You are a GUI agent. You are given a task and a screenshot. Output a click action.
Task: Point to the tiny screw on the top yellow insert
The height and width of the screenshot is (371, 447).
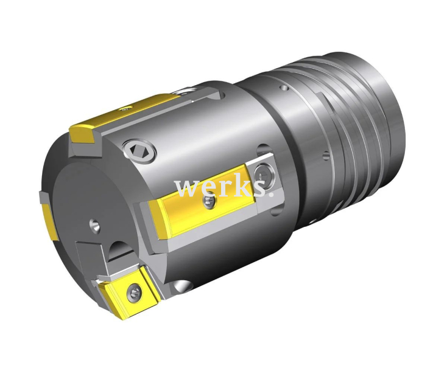124,109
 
